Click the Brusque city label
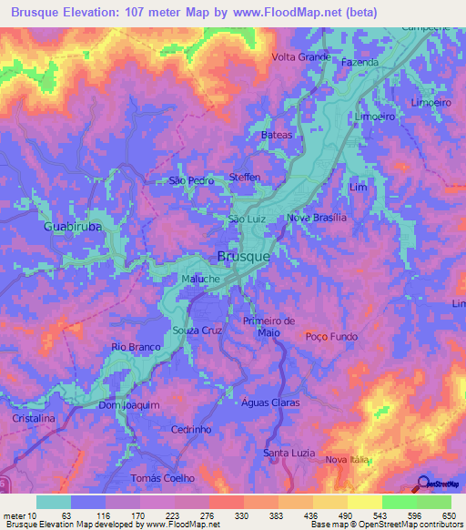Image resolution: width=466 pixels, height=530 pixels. [244, 257]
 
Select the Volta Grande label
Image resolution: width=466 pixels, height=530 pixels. [300, 56]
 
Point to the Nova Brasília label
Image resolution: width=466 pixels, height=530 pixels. [317, 219]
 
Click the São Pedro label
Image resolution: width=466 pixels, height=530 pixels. [191, 181]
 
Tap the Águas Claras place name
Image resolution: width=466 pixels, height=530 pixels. [270, 402]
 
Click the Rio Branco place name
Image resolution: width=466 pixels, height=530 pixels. [136, 347]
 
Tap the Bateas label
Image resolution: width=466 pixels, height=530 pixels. [277, 135]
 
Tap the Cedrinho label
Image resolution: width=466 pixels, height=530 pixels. [192, 429]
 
